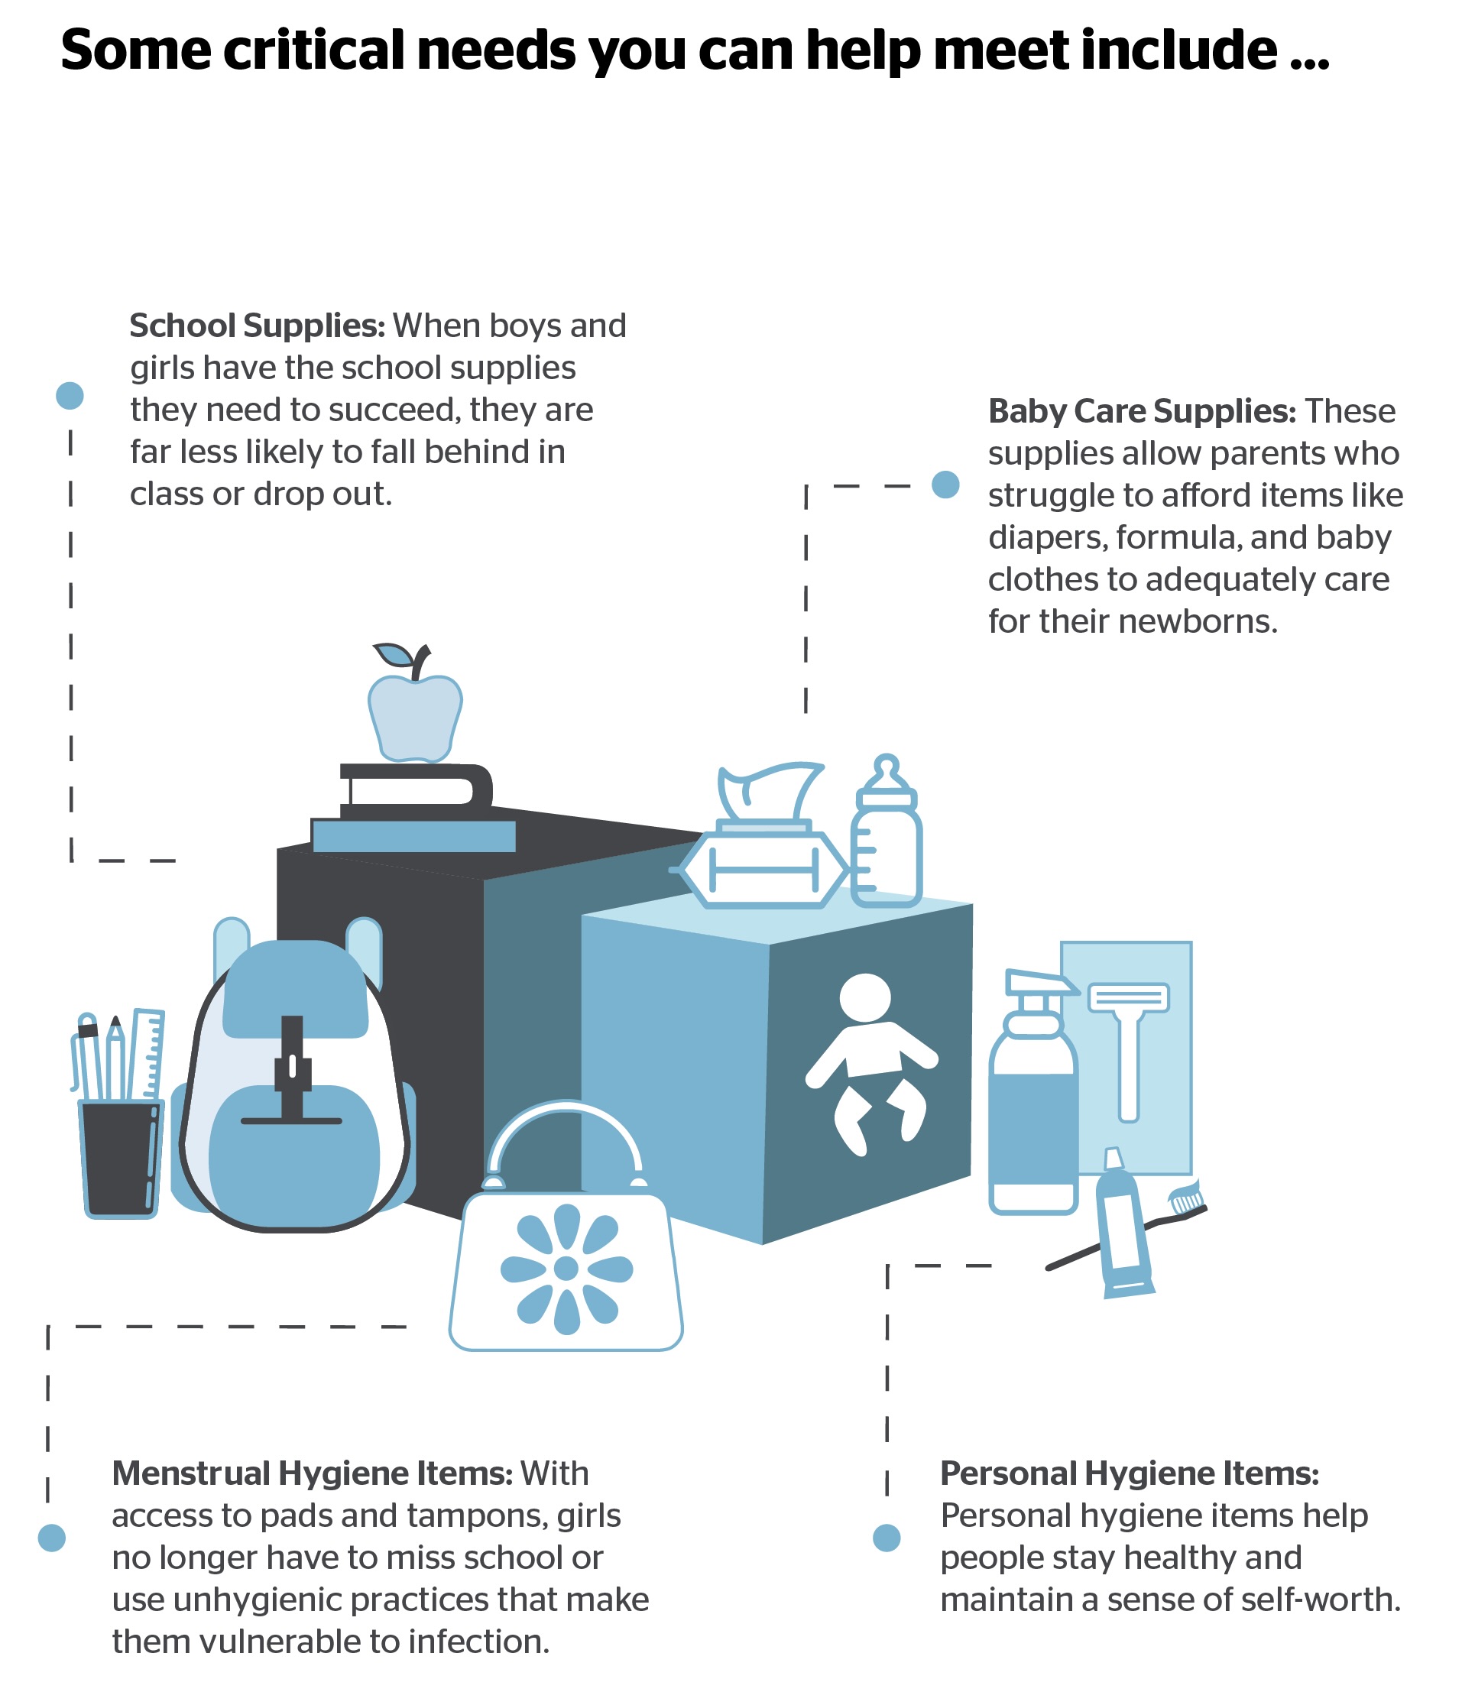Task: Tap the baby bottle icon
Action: (x=885, y=839)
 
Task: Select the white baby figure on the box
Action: (x=869, y=1062)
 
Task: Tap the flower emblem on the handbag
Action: (x=566, y=1268)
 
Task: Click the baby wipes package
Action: (x=763, y=864)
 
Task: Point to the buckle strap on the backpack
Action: (x=292, y=1070)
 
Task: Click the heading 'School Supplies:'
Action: (x=257, y=326)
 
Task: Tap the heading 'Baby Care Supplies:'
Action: (x=1141, y=411)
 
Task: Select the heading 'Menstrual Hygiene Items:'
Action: (x=313, y=1473)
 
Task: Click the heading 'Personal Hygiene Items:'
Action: (x=1129, y=1473)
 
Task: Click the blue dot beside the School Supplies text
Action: (x=70, y=395)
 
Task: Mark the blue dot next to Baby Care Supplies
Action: (x=945, y=484)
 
